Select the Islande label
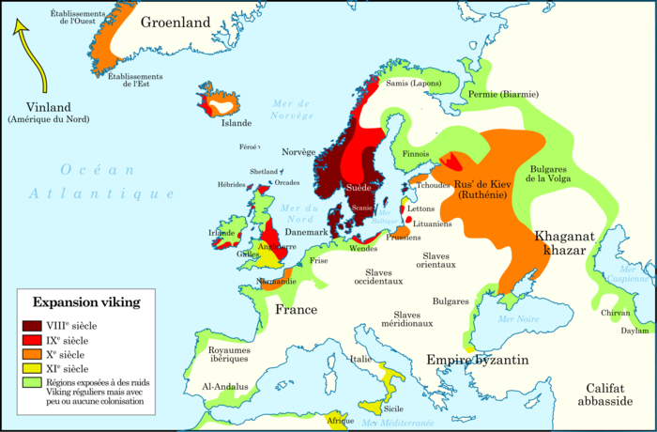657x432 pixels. [236, 123]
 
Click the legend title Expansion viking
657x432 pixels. [86, 302]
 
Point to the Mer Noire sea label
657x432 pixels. [519, 318]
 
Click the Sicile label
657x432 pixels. [393, 409]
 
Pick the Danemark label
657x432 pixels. [306, 232]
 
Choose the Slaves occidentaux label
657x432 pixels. [377, 276]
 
